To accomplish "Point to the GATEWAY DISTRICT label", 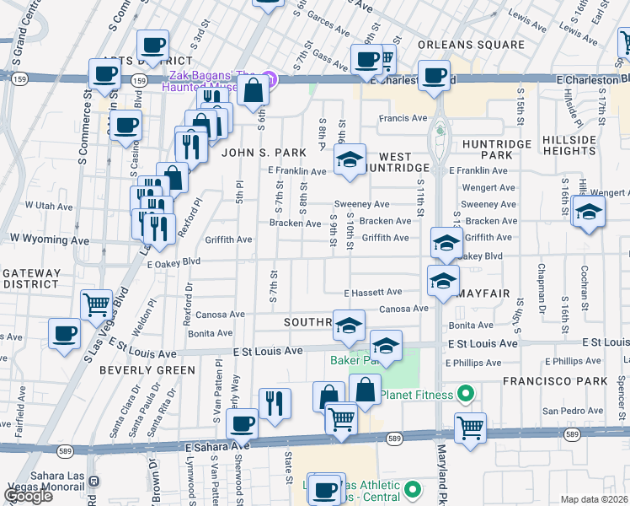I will (31, 279).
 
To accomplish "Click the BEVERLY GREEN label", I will (141, 369).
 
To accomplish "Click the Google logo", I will (28, 496).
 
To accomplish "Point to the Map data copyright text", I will (594, 499).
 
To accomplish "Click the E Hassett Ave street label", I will (372, 293).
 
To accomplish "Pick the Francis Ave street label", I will (403, 119).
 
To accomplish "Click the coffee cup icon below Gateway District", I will (64, 334).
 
